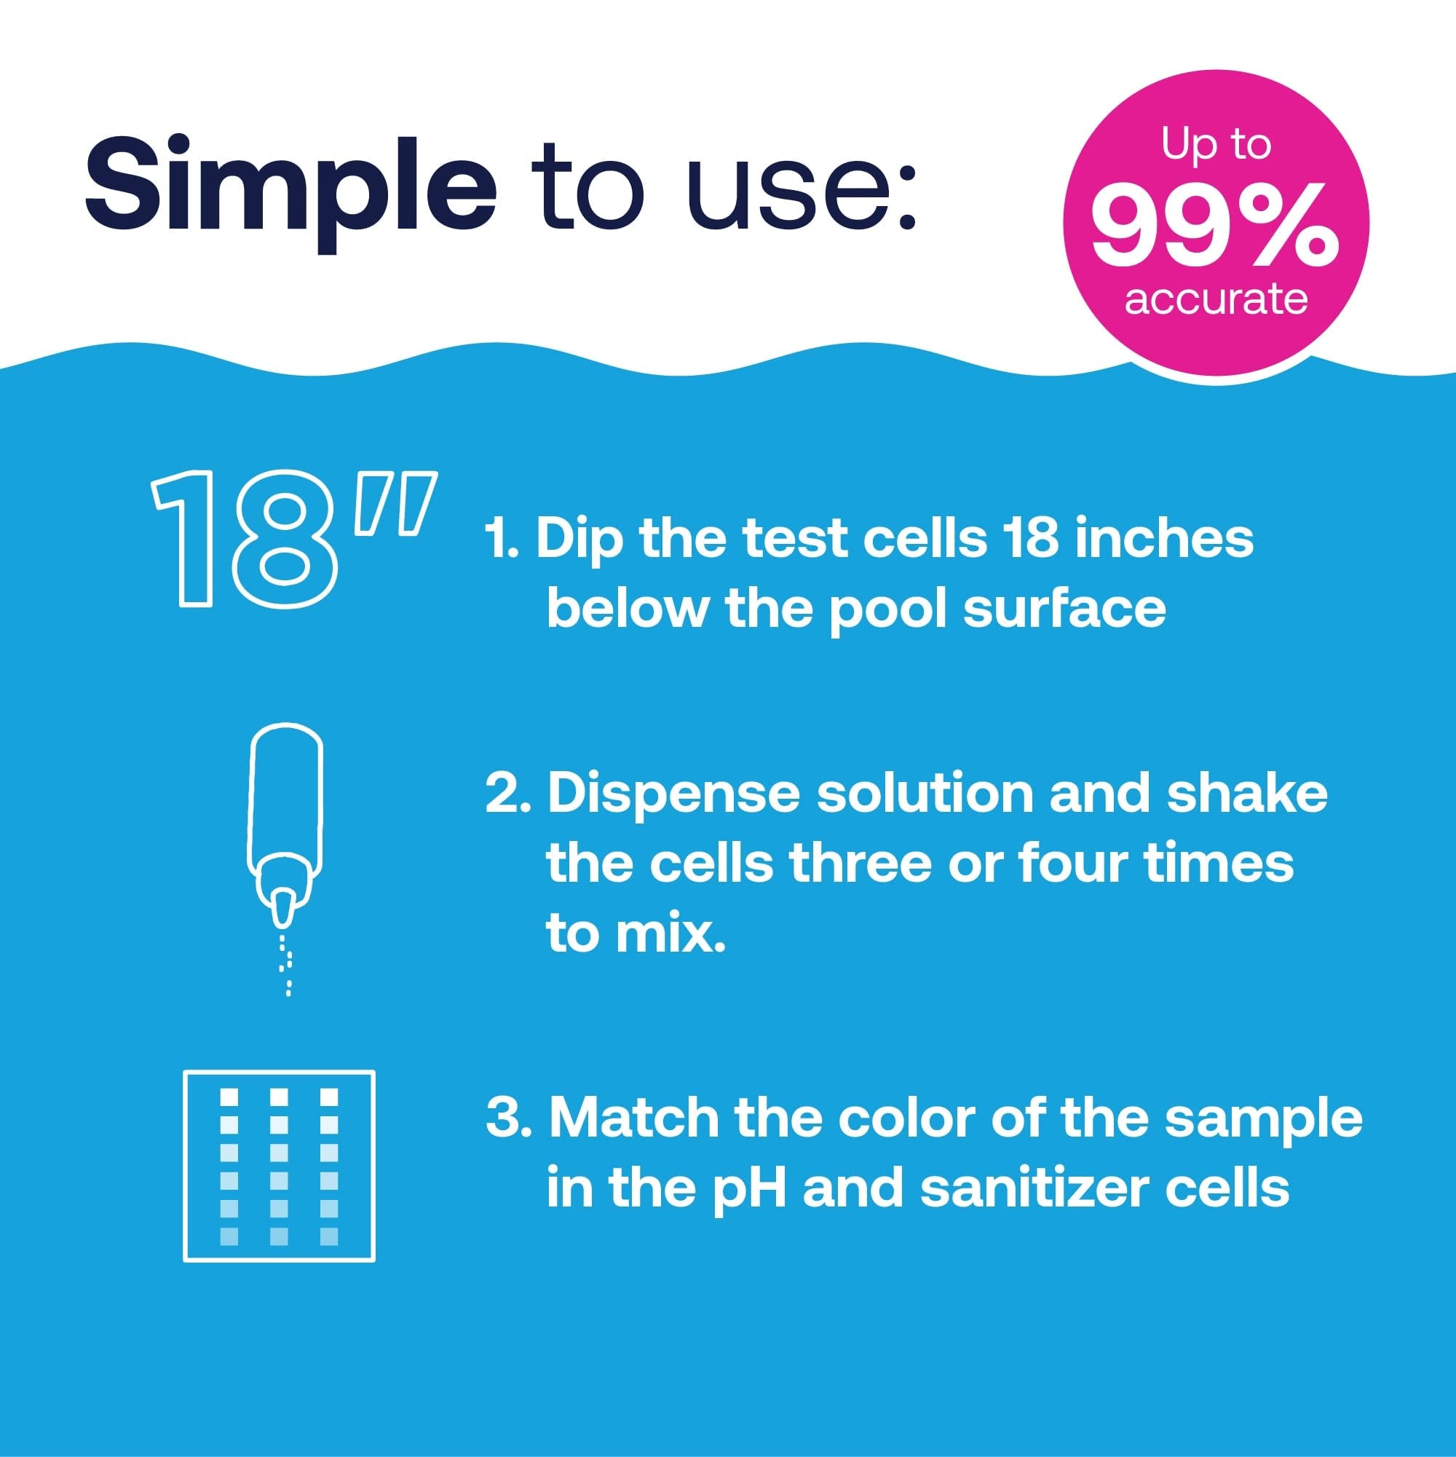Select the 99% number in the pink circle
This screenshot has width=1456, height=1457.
click(1216, 226)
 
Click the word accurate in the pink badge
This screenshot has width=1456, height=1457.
click(1216, 299)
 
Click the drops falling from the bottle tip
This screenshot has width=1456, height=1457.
click(287, 966)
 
